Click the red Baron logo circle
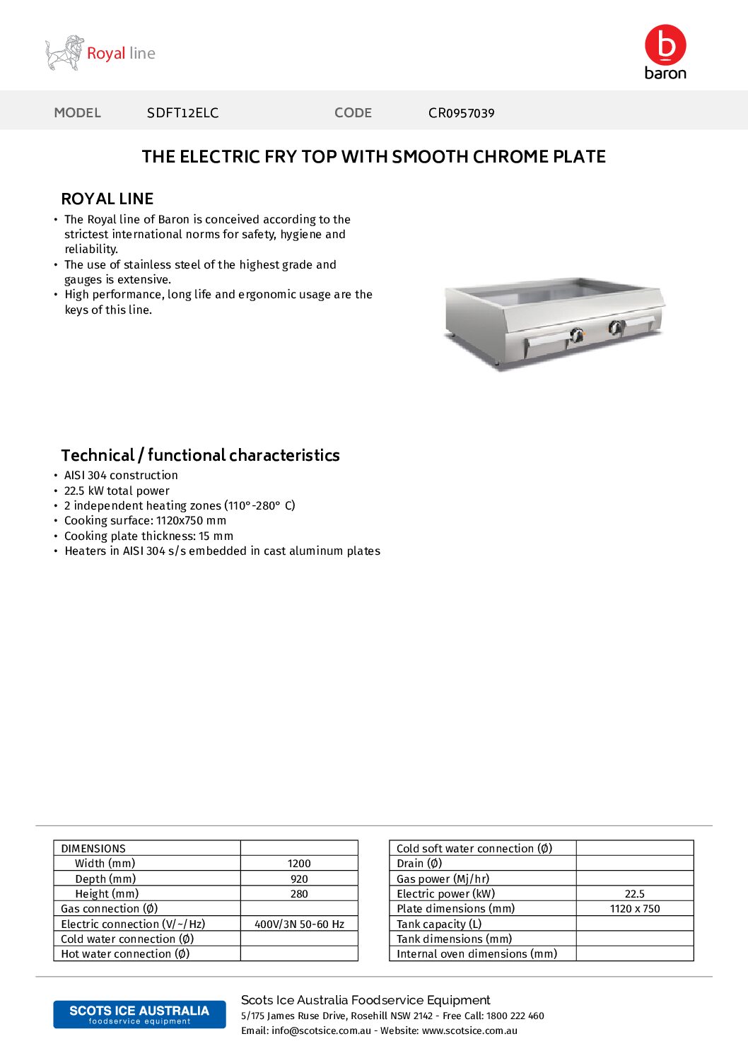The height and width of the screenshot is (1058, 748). (665, 45)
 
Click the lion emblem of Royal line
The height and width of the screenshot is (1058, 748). (64, 53)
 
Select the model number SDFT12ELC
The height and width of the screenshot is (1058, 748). (182, 113)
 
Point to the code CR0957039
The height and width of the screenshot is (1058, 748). (461, 113)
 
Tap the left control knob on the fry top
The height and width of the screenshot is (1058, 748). (577, 335)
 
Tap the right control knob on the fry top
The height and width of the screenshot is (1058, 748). (616, 327)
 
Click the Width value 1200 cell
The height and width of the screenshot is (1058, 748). (299, 864)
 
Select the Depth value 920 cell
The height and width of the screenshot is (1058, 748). (299, 879)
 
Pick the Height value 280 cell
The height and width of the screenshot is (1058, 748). (299, 894)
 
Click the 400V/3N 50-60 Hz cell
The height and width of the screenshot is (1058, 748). (299, 924)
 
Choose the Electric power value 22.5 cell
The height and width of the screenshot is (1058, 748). (634, 894)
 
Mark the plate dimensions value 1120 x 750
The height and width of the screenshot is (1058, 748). (634, 909)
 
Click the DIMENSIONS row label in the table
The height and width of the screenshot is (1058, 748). (93, 849)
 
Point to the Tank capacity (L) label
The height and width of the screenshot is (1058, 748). (439, 924)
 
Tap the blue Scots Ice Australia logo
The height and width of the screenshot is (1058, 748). (139, 1014)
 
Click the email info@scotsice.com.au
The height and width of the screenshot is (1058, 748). (321, 1031)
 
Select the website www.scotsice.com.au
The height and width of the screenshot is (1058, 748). (469, 1031)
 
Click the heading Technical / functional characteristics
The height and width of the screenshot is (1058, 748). (200, 455)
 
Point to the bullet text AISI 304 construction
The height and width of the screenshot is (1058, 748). (121, 476)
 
